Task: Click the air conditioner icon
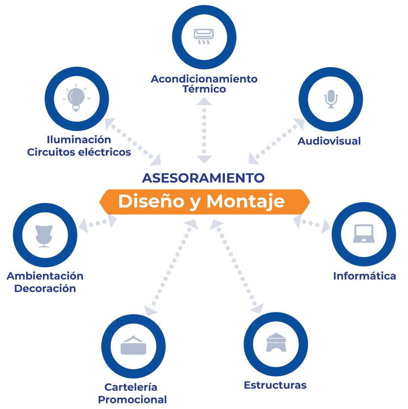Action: tap(204, 37)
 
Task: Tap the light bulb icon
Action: tap(76, 98)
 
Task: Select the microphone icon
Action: tap(331, 99)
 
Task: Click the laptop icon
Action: tap(364, 234)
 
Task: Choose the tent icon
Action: tap(276, 342)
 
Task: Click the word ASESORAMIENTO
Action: tap(203, 178)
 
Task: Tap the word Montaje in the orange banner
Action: tap(245, 202)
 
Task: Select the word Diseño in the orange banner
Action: tap(151, 201)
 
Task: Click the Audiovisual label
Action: tap(329, 141)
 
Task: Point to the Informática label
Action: tap(365, 276)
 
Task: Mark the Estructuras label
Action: tap(275, 385)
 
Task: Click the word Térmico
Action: tap(204, 89)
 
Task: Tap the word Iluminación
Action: tap(79, 140)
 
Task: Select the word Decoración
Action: tap(45, 288)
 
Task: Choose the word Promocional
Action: tap(132, 400)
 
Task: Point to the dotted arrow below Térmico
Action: tap(204, 130)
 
